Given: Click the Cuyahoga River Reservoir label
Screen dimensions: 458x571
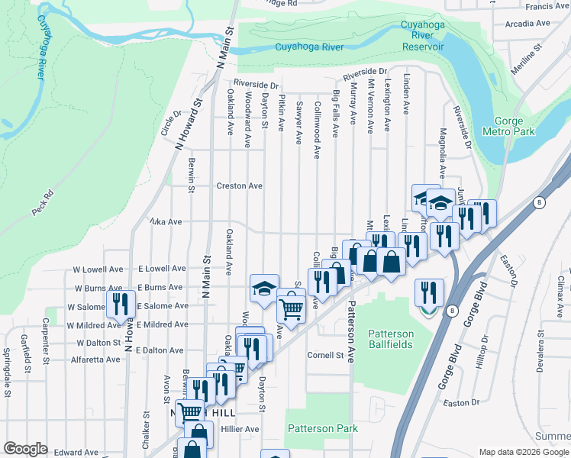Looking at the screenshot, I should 422,36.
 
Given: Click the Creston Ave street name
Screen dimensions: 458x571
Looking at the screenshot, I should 239,185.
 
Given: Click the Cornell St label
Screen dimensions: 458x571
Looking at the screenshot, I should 326,355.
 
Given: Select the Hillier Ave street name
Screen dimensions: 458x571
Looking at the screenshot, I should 240,429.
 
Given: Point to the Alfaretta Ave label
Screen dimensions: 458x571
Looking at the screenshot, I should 95,359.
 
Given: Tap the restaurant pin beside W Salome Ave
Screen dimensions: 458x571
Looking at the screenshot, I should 120,304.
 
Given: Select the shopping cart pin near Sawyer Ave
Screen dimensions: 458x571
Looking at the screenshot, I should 291,308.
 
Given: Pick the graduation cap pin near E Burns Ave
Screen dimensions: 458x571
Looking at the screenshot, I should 264,289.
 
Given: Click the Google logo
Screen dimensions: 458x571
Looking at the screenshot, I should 26,449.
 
